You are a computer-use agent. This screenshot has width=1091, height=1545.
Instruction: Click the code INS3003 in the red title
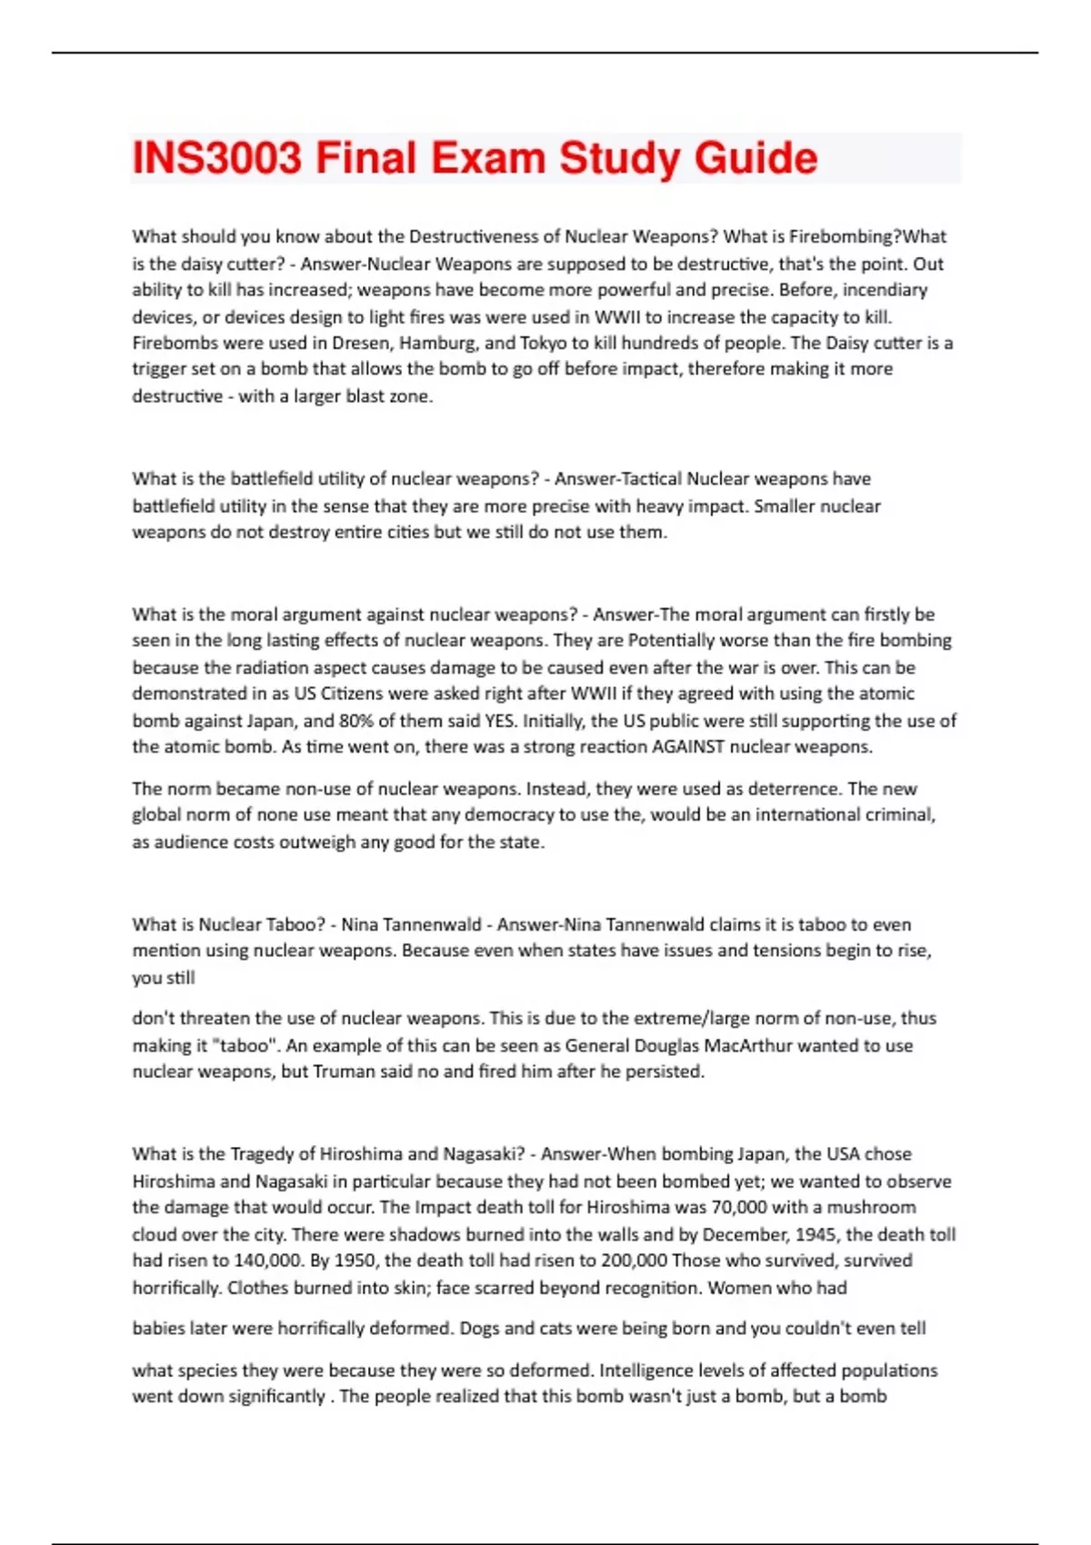coord(216,158)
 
